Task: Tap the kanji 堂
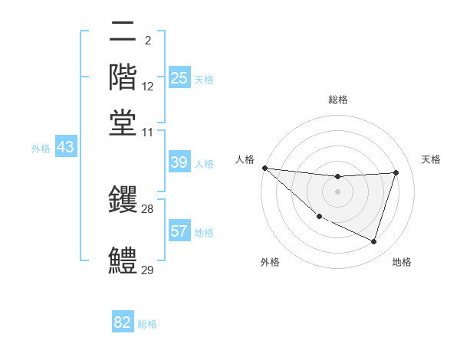click(123, 122)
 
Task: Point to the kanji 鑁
click(123, 198)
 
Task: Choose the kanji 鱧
click(123, 259)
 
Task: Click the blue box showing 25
click(179, 78)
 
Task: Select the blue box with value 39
click(179, 162)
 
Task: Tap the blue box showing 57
click(179, 231)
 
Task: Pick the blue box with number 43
click(66, 147)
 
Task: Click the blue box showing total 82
click(123, 322)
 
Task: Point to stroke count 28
click(147, 209)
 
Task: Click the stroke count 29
click(147, 270)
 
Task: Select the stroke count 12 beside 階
click(147, 87)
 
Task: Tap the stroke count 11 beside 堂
click(147, 133)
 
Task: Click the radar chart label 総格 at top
click(338, 100)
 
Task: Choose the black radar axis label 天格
click(432, 159)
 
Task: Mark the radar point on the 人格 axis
click(264, 168)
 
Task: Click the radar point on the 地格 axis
click(374, 242)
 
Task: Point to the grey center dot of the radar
click(338, 191)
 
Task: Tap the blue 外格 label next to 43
click(40, 149)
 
